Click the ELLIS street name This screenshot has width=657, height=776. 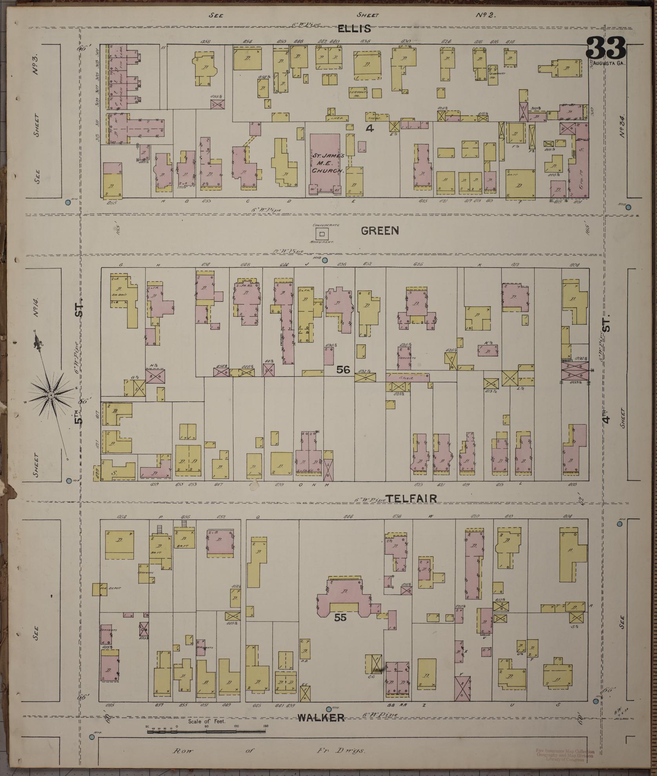pos(354,29)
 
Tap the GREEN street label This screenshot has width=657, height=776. pos(380,231)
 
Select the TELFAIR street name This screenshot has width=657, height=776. pos(411,498)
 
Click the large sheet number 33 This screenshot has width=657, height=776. pos(606,48)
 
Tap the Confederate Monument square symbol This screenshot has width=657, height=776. pos(322,234)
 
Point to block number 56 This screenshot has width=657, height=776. pos(343,369)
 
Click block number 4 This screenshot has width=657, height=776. pos(369,128)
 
